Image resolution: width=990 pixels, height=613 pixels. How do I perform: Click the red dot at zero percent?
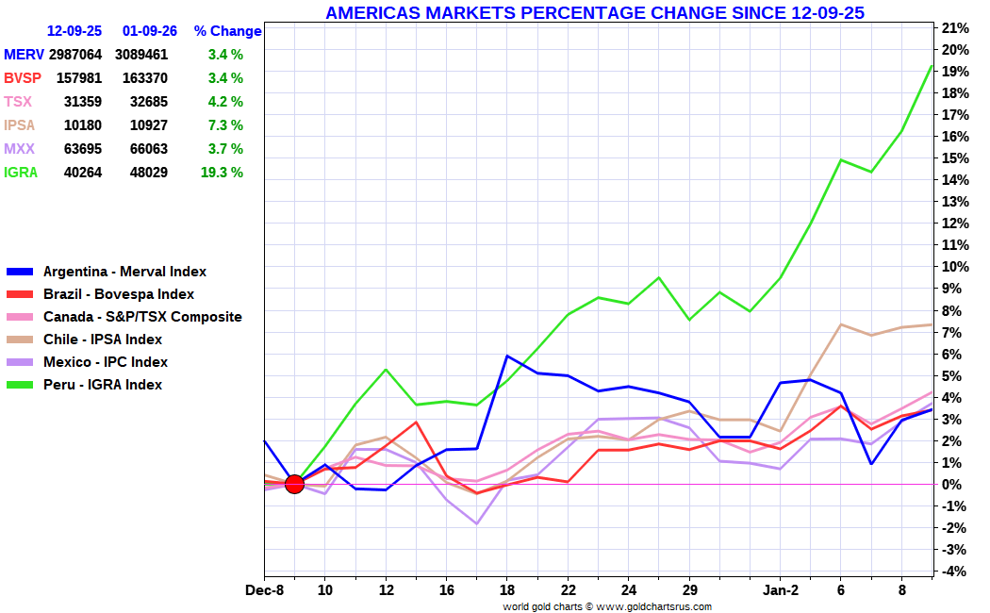[294, 484]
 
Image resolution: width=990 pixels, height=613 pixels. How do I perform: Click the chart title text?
[595, 12]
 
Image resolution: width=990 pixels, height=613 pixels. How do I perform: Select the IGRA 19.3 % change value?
[225, 173]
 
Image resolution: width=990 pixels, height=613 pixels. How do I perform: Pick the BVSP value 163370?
[141, 78]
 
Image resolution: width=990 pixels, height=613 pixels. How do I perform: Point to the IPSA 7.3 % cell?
[225, 125]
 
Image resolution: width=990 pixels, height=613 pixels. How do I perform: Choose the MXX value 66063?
[141, 149]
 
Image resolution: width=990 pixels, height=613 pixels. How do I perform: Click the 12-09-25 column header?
[74, 31]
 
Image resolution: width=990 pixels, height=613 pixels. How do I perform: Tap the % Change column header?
[227, 31]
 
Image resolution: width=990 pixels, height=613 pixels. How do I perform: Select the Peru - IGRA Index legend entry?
[103, 385]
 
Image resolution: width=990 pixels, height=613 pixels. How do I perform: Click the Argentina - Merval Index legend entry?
[124, 272]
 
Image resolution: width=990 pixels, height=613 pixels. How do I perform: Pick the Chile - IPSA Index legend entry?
[103, 340]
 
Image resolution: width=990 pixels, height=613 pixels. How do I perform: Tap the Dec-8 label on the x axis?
[265, 590]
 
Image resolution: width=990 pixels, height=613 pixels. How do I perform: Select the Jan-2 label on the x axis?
[780, 590]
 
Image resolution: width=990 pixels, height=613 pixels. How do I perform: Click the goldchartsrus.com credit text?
[607, 606]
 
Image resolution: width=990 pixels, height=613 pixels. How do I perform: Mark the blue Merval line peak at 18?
[507, 356]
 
